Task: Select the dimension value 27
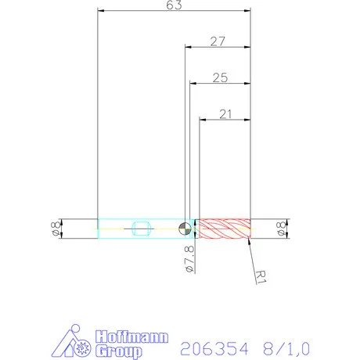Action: pyautogui.click(x=218, y=41)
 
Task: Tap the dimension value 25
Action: pyautogui.click(x=220, y=77)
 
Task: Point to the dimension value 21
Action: pyautogui.click(x=226, y=114)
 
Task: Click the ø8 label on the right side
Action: pyautogui.click(x=281, y=229)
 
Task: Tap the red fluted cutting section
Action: pyautogui.click(x=225, y=229)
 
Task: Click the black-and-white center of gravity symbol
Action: pyautogui.click(x=183, y=229)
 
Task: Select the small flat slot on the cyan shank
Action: pyautogui.click(x=141, y=229)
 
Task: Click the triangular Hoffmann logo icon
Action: pyautogui.click(x=75, y=342)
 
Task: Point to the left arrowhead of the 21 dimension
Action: pyautogui.click(x=202, y=121)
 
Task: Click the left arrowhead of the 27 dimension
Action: pyautogui.click(x=186, y=47)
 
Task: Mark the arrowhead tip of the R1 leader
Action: pyautogui.click(x=248, y=240)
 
